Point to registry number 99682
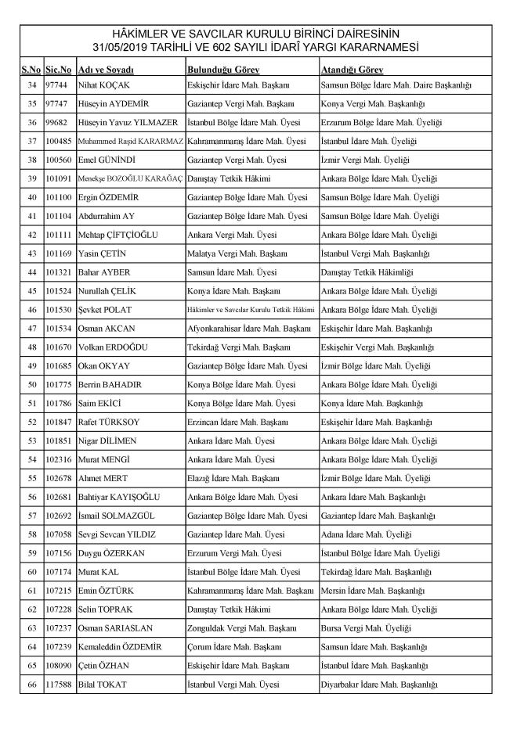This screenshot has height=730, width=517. [58, 122]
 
